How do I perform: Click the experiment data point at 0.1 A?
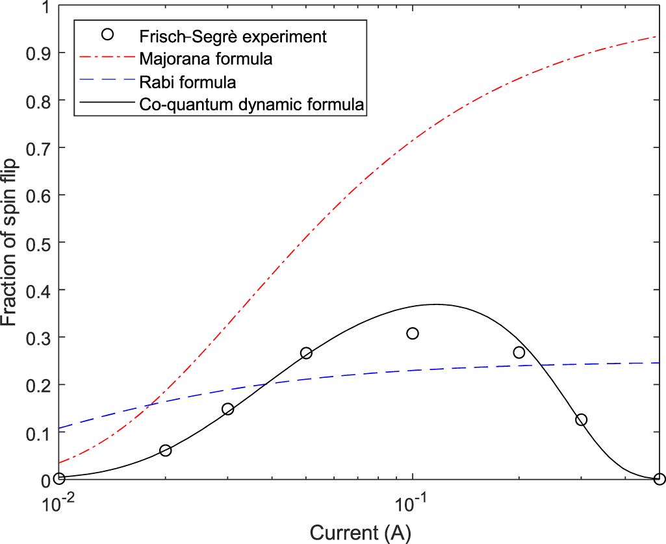point(413,333)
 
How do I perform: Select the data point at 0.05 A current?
point(306,353)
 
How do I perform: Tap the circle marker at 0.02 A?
point(165,451)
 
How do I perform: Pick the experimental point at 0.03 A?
point(227,409)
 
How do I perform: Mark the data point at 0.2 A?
point(519,352)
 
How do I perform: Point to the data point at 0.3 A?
point(581,420)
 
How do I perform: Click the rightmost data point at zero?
point(660,479)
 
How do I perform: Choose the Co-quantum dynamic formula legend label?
point(251,104)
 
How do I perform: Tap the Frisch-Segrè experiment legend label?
point(233,36)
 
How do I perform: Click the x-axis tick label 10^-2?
point(58,503)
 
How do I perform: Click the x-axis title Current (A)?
point(360,532)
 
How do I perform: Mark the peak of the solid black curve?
point(435,304)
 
